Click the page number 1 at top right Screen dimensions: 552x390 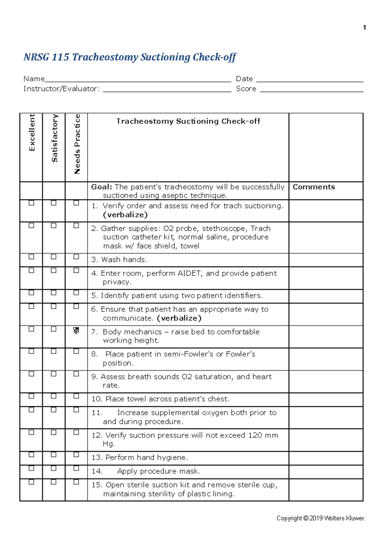coord(364,28)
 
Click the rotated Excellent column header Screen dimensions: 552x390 coord(32,132)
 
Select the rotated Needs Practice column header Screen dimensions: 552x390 coord(77,144)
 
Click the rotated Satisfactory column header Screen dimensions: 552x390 coord(54,138)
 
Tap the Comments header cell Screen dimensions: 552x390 coord(314,187)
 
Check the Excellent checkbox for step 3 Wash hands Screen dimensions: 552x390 coord(32,257)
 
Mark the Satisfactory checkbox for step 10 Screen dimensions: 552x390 coord(54,396)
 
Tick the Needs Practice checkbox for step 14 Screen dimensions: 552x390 coord(76,468)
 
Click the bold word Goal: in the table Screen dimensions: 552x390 coord(101,187)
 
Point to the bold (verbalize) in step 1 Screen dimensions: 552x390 coord(125,215)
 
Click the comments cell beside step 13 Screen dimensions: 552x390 coord(326,458)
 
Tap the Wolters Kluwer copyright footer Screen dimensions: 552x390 coord(320,518)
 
